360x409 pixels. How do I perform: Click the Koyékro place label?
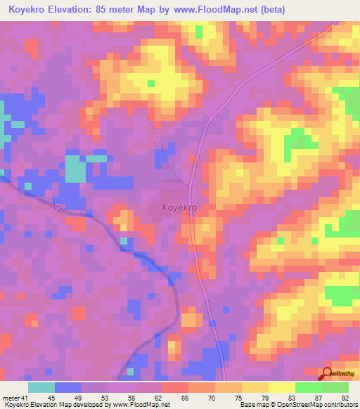coord(179,208)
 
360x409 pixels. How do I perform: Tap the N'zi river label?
coord(58,207)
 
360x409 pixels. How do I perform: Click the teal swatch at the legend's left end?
coord(41,387)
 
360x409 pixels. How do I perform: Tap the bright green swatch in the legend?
coord(309,387)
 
